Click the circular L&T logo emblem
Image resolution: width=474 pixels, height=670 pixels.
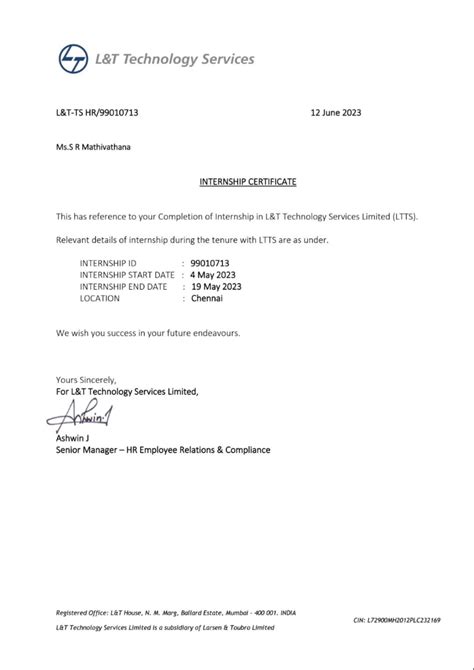pyautogui.click(x=73, y=60)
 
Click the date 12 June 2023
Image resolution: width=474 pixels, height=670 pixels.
pyautogui.click(x=337, y=113)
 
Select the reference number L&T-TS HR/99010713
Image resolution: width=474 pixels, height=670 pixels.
pyautogui.click(x=97, y=113)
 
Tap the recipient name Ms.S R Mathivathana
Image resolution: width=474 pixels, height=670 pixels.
pyautogui.click(x=92, y=147)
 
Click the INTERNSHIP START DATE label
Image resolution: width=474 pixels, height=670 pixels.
pyautogui.click(x=127, y=274)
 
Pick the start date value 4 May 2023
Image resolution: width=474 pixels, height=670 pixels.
pyautogui.click(x=212, y=274)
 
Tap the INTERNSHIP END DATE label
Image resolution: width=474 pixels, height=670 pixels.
pyautogui.click(x=124, y=286)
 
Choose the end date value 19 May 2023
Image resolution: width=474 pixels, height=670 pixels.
pyautogui.click(x=214, y=286)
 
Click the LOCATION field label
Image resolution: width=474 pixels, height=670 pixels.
pyautogui.click(x=100, y=298)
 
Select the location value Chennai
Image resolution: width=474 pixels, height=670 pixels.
pyautogui.click(x=206, y=298)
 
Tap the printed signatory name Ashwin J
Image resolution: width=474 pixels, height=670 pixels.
pyautogui.click(x=74, y=438)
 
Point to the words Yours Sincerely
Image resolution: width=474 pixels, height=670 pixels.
pyautogui.click(x=86, y=380)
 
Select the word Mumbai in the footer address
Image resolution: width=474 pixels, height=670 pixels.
pyautogui.click(x=263, y=610)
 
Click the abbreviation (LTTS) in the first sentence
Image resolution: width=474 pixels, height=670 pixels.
pyautogui.click(x=404, y=216)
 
